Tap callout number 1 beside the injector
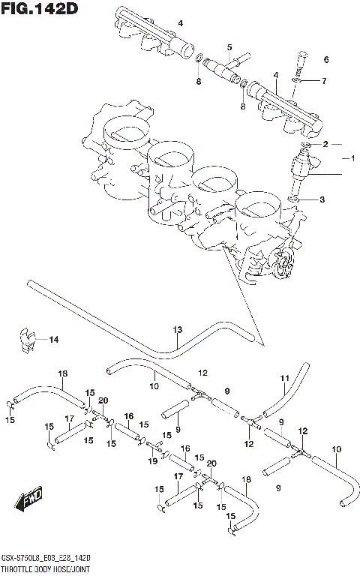click(348, 158)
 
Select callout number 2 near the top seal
click(325, 143)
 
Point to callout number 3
click(322, 199)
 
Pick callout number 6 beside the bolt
click(326, 59)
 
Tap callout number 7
click(324, 80)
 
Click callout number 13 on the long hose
click(178, 329)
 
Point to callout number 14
click(53, 340)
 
